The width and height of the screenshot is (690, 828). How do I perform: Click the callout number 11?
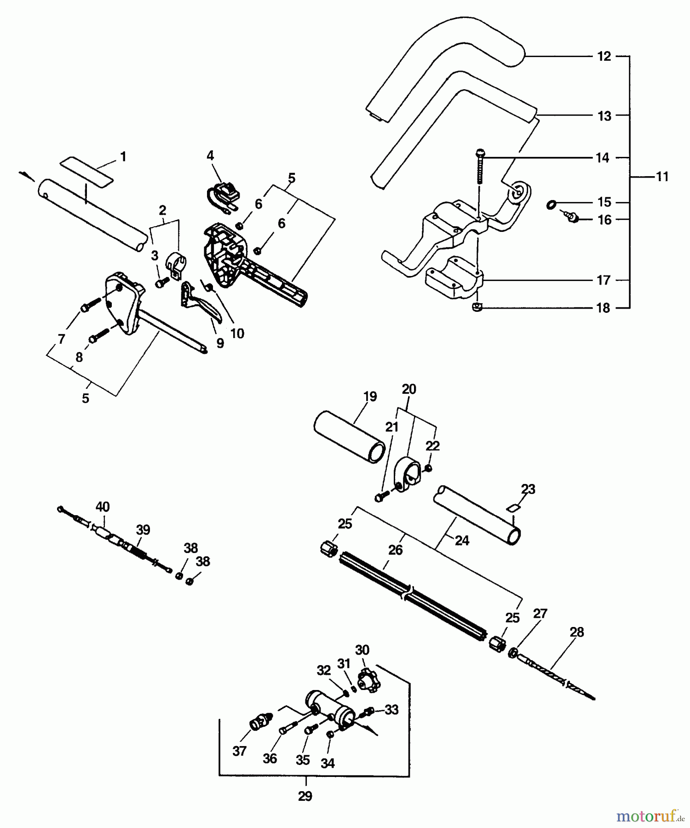pyautogui.click(x=661, y=177)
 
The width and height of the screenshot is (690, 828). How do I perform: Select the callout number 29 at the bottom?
pyautogui.click(x=305, y=796)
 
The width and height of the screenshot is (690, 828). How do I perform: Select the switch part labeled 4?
pyautogui.click(x=224, y=194)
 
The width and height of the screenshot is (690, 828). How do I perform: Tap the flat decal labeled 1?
pyautogui.click(x=87, y=171)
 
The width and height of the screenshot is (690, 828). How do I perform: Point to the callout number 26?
pyautogui.click(x=395, y=550)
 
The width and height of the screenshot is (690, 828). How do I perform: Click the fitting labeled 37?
pyautogui.click(x=260, y=721)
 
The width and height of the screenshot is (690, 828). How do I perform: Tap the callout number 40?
pyautogui.click(x=102, y=507)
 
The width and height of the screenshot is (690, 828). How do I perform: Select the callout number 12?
pyautogui.click(x=604, y=56)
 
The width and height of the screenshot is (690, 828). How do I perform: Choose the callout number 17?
pyautogui.click(x=604, y=280)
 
